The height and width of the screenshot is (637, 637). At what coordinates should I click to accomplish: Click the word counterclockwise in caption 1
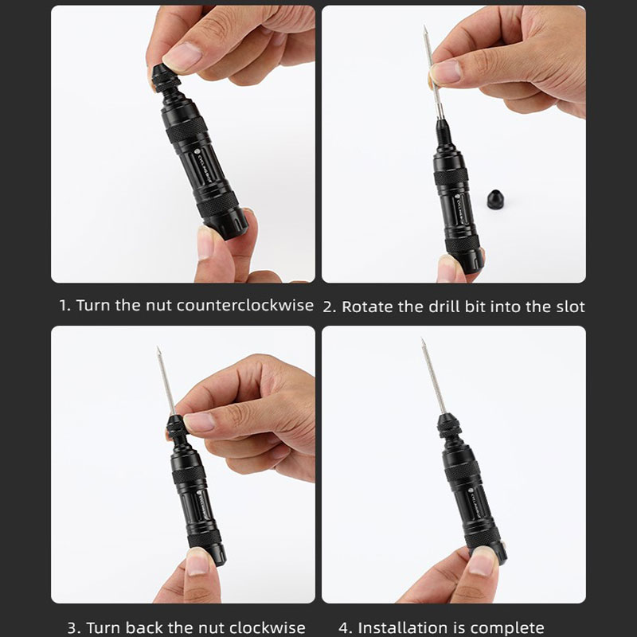click(x=245, y=305)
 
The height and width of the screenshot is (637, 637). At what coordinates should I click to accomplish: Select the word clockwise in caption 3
click(x=270, y=628)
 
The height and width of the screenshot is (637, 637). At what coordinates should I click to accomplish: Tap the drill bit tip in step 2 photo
click(x=424, y=27)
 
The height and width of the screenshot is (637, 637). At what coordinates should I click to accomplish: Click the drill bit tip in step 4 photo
click(x=423, y=341)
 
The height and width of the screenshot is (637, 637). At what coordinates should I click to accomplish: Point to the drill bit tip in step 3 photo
click(x=158, y=349)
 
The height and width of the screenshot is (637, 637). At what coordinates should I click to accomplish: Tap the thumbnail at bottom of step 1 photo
click(x=205, y=243)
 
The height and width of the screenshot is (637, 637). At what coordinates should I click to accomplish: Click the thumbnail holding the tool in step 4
click(x=482, y=560)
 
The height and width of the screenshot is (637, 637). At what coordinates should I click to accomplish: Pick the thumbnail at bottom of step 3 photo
click(x=197, y=563)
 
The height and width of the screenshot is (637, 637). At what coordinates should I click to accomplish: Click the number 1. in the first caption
click(x=65, y=306)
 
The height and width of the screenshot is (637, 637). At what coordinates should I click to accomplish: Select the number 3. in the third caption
click(x=73, y=628)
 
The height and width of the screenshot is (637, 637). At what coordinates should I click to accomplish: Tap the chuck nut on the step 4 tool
click(x=449, y=426)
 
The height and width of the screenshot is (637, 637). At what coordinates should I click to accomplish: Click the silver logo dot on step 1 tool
click(x=197, y=152)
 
